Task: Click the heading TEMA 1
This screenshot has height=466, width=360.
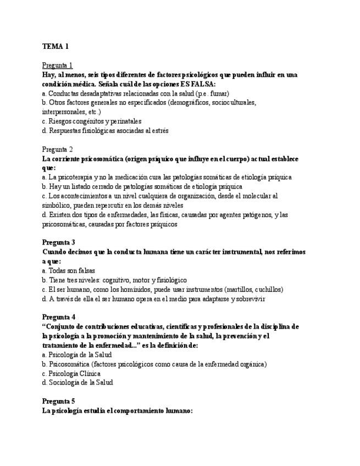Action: [55, 47]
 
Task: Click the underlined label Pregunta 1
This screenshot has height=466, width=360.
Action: [57, 65]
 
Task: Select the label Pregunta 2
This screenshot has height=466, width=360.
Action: [57, 149]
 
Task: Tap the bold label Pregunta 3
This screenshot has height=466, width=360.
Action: [58, 242]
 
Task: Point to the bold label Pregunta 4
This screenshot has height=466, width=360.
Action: [58, 317]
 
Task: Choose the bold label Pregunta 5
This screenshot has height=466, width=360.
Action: [58, 401]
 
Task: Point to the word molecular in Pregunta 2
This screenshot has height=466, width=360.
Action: [258, 196]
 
